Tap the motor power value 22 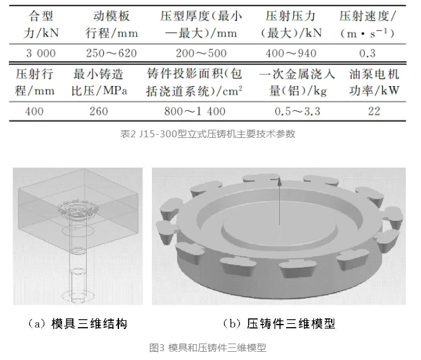tap(374, 111)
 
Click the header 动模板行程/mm tap(110, 23)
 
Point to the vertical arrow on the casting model tap(279, 202)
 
